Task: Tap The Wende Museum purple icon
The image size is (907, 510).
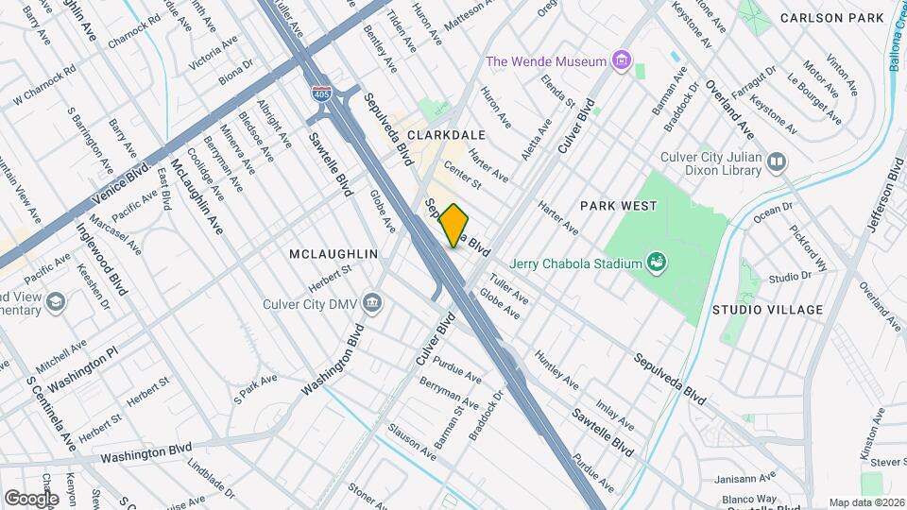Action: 621,62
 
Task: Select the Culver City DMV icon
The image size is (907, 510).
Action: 372,303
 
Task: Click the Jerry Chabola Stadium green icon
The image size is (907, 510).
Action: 656,263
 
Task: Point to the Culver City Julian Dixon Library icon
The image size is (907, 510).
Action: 776,162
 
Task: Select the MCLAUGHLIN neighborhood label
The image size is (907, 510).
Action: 334,255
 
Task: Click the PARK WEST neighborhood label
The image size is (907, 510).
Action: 618,205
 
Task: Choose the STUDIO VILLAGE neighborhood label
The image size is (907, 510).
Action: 767,310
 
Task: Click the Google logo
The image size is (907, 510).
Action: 31,498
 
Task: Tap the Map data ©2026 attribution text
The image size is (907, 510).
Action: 865,502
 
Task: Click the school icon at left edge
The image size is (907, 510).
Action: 56,301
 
